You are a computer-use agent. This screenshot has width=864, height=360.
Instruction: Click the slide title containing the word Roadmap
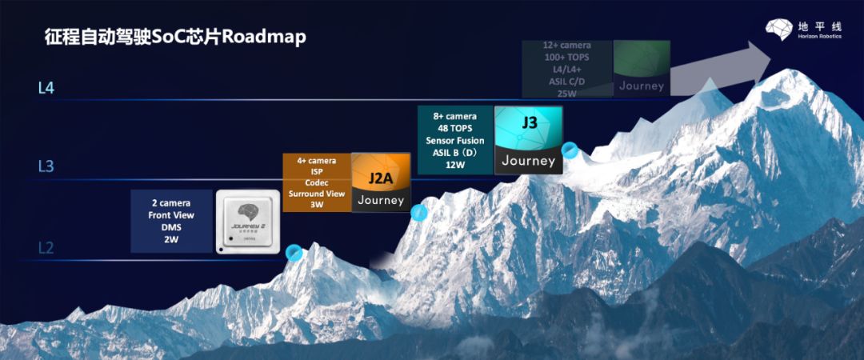pyautogui.click(x=175, y=38)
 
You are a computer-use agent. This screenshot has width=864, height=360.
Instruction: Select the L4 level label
pyautogui.click(x=46, y=88)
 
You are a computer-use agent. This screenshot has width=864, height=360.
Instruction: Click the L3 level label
pyautogui.click(x=46, y=166)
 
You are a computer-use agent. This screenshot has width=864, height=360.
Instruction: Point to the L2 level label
pyautogui.click(x=46, y=248)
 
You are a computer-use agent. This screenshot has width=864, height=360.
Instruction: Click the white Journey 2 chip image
pyautogui.click(x=247, y=222)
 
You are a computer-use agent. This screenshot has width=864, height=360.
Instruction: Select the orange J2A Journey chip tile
pyautogui.click(x=381, y=182)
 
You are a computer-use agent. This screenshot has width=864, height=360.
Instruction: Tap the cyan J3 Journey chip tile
pyautogui.click(x=528, y=140)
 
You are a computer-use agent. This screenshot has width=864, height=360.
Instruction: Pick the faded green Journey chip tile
pyautogui.click(x=641, y=68)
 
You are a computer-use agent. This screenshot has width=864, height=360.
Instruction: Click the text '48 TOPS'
pyautogui.click(x=455, y=128)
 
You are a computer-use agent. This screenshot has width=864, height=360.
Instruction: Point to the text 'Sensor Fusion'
pyautogui.click(x=455, y=141)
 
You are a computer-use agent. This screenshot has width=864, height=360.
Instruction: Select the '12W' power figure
pyautogui.click(x=455, y=166)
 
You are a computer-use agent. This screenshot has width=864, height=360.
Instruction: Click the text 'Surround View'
pyautogui.click(x=317, y=194)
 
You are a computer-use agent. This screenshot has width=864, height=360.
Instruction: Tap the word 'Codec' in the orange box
pyautogui.click(x=317, y=182)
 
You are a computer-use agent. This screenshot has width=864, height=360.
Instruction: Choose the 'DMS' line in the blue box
pyautogui.click(x=171, y=227)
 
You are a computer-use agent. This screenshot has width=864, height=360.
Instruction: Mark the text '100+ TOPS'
pyautogui.click(x=566, y=58)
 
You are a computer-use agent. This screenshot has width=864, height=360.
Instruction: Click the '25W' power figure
pyautogui.click(x=566, y=94)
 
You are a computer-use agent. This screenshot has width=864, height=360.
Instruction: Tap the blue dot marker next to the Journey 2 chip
pyautogui.click(x=294, y=252)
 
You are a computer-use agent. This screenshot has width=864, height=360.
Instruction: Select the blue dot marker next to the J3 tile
pyautogui.click(x=570, y=150)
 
